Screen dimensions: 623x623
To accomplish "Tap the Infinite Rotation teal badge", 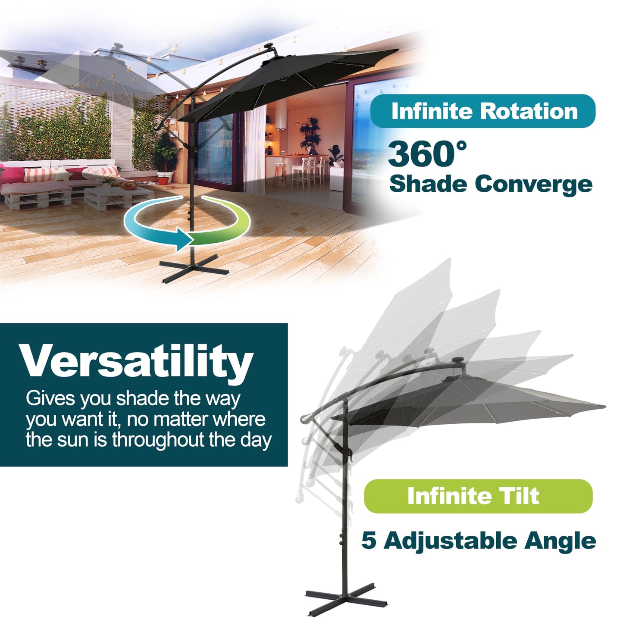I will [482, 111].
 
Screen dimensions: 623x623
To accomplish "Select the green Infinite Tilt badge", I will [478, 496].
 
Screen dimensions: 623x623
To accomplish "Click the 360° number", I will [427, 154].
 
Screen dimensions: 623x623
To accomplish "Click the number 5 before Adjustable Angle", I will [369, 541].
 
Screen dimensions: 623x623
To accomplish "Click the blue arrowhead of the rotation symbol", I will [183, 238].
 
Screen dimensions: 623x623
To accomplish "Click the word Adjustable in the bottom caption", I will [450, 541].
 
